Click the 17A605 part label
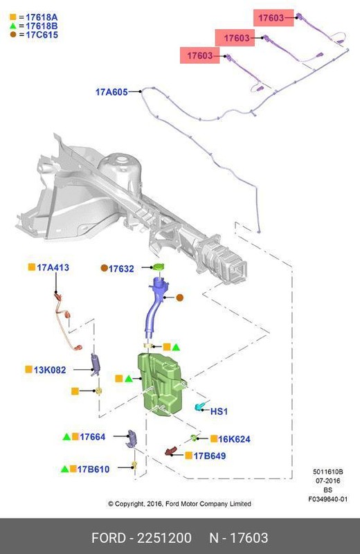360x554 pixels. pos(111,92)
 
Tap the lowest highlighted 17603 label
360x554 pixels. pos(200,55)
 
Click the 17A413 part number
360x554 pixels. pos(53,267)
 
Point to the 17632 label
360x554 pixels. pos(121,269)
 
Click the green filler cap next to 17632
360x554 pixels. pos(159,267)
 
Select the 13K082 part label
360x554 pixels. pos(50,370)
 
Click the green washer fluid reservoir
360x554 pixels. pos(160,382)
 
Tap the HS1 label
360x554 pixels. pos(219,411)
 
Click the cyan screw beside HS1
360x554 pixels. pos(199,406)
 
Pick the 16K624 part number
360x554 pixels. pos(234,439)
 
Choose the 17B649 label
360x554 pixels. pos(210,456)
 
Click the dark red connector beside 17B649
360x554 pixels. pos(170,452)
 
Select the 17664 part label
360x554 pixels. pos(93,437)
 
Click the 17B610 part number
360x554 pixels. pos(93,470)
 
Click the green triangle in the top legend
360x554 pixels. pos(13,26)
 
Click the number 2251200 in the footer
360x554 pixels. pos(164,538)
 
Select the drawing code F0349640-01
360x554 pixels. pos(328,499)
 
